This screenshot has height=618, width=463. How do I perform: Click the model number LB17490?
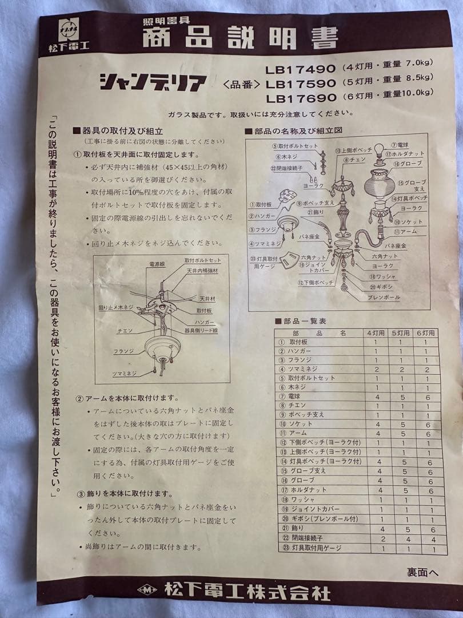point(301,69)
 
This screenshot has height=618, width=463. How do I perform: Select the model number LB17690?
point(301,98)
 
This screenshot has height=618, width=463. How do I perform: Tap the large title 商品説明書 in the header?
point(240,38)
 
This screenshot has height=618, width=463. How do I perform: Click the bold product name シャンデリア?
point(153,83)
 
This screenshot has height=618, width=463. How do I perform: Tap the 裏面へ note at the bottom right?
point(423,572)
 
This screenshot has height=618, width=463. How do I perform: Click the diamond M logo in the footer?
point(147,589)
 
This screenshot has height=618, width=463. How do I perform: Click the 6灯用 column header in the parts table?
point(425,332)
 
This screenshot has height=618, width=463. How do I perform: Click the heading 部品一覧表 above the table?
point(304,321)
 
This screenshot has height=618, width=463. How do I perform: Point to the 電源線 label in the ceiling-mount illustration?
point(157,265)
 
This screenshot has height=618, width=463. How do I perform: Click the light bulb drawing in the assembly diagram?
point(380,153)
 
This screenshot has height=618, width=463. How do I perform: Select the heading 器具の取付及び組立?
point(122,131)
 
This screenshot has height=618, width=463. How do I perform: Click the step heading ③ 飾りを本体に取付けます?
point(124,493)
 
